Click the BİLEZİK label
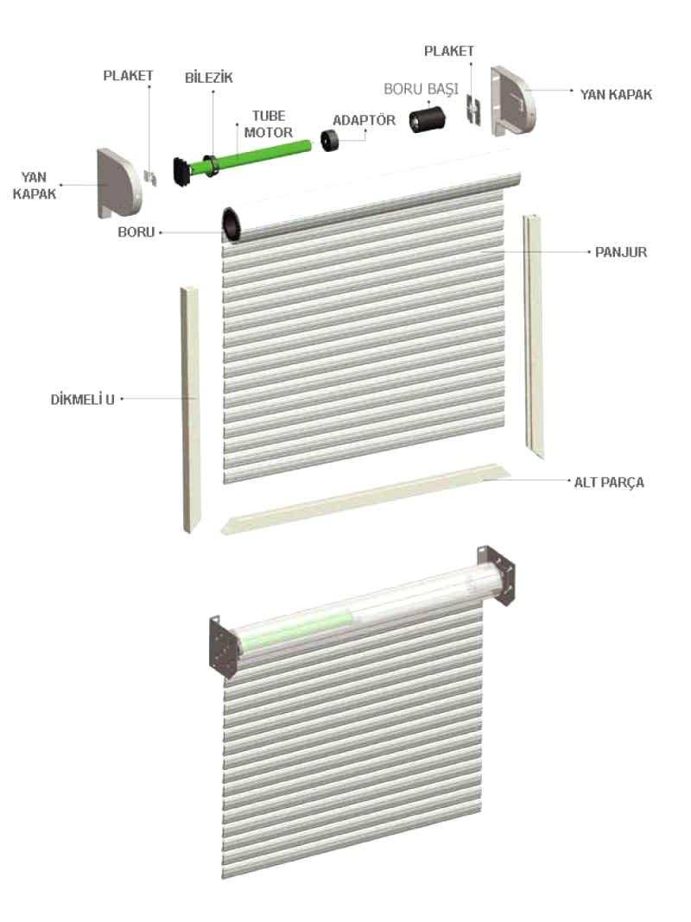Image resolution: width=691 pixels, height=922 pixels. coord(209,78)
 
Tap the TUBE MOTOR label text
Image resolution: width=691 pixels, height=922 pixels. coord(269,124)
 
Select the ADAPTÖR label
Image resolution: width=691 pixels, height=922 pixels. coord(364,121)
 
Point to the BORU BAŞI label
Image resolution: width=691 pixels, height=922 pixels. coord(421,90)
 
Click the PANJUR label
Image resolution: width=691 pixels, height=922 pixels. coord(621,252)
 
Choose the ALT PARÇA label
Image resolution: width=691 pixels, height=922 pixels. coord(609,483)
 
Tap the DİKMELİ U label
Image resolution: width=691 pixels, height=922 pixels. coord(82,400)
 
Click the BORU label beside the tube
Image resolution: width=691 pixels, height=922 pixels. coord(136,232)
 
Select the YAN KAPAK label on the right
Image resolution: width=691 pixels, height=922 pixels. coord(616,95)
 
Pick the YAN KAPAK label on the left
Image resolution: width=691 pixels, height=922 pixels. coord(35,186)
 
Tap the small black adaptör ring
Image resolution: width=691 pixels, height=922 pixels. coord(331,141)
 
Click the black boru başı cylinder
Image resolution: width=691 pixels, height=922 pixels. coord(427,119)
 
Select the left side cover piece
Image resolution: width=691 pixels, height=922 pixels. coord(119,183)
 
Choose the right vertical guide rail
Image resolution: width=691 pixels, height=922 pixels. coord(534,337)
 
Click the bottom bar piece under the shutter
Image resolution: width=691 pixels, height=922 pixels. coord(364,498)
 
